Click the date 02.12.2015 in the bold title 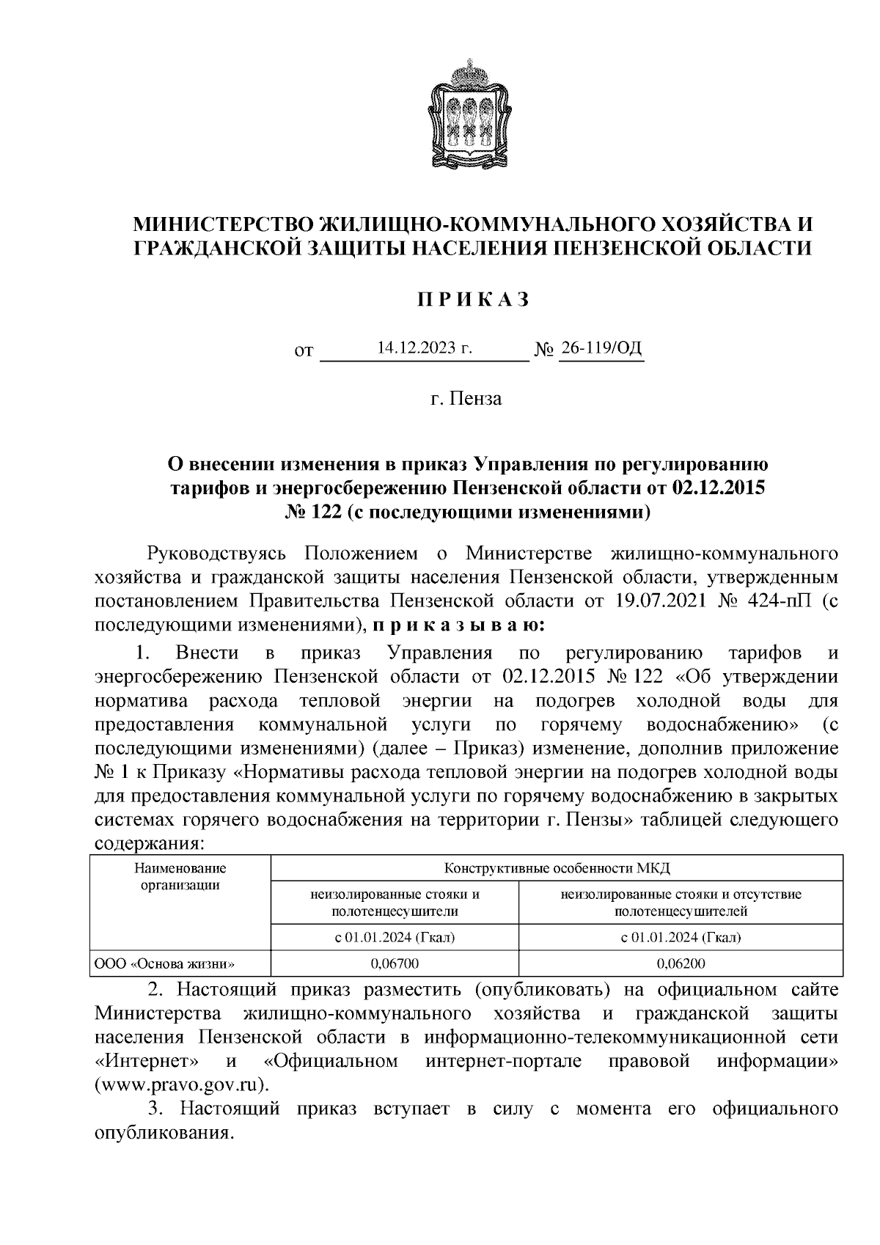[718, 487]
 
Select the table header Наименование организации [180, 876]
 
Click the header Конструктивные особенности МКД [557, 869]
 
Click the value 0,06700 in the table [395, 963]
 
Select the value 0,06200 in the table [681, 963]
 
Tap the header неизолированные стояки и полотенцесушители [395, 903]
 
